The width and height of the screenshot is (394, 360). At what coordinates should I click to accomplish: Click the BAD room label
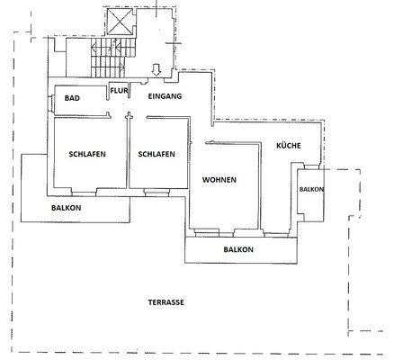pos(72,98)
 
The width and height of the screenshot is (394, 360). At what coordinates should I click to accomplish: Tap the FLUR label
pos(119,90)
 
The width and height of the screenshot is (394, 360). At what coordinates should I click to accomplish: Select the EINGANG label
pos(165,96)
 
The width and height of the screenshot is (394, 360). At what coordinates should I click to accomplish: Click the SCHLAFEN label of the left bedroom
pos(87,154)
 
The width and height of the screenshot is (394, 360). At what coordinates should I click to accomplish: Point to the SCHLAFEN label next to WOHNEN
pos(157,154)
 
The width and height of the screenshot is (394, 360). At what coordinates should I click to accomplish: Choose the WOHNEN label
pos(219,180)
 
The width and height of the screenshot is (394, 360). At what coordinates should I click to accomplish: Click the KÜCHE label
pos(289,146)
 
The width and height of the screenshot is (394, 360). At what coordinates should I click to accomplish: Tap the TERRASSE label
pos(166,302)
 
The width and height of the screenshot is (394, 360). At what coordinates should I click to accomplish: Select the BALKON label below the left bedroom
pos(66,208)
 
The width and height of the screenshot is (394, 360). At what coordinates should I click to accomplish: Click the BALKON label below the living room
pos(238,249)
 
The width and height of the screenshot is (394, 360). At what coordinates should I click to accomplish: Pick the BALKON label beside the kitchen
pos(311,189)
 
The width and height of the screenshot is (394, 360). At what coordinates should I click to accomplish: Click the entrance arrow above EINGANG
pos(157,69)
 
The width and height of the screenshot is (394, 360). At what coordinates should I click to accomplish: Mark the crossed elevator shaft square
pos(120,22)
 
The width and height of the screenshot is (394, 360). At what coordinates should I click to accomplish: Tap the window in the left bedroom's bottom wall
pos(84,192)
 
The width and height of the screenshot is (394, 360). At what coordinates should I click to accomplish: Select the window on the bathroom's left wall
pos(51,103)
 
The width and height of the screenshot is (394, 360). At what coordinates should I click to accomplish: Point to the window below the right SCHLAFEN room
pos(157,193)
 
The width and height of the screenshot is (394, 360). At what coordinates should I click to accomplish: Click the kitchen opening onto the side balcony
pos(311,166)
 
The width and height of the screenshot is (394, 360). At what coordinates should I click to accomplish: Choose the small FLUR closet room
pos(119,91)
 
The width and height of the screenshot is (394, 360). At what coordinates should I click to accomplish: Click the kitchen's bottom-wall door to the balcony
pos(276,234)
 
